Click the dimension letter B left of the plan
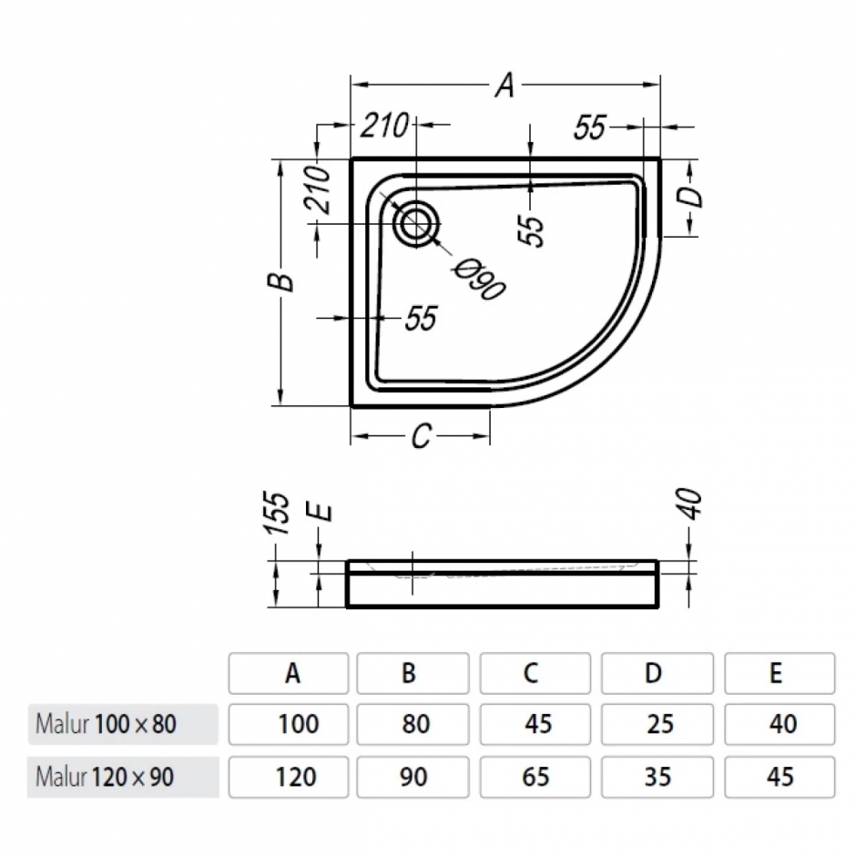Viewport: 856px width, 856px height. (x=285, y=281)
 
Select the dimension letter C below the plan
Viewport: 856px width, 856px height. (x=420, y=437)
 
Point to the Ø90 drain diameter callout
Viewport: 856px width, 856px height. (x=480, y=279)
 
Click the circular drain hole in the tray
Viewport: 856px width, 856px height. (x=416, y=221)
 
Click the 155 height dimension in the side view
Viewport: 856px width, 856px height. (x=281, y=514)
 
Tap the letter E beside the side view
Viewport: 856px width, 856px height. (x=321, y=513)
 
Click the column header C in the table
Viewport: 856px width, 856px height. (x=532, y=673)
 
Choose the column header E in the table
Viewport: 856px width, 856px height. (x=776, y=673)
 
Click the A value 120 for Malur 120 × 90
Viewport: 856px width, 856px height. (x=297, y=777)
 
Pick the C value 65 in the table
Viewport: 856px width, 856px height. (x=536, y=777)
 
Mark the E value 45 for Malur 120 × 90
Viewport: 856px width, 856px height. (x=780, y=777)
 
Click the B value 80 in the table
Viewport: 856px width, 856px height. (x=415, y=725)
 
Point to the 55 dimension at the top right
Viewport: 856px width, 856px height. (x=591, y=128)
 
